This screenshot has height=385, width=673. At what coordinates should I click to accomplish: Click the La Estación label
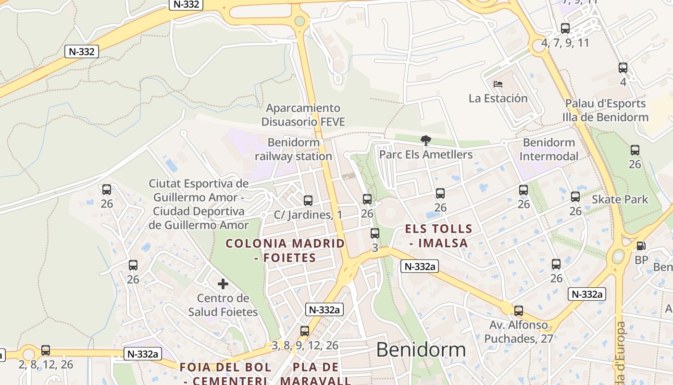click(498, 99)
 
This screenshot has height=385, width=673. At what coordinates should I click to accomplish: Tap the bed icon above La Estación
click(498, 84)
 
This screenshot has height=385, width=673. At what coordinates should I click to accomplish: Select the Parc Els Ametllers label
click(425, 154)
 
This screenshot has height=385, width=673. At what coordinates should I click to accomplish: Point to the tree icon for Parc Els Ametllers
click(425, 141)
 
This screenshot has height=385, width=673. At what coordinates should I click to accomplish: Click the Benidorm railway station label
click(293, 149)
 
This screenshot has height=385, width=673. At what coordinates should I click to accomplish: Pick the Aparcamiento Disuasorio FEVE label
click(303, 115)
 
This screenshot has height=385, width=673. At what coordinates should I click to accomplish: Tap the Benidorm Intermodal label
click(548, 149)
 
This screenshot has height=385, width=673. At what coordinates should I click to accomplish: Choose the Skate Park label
click(620, 199)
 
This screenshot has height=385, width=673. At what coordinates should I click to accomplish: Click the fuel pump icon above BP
click(641, 246)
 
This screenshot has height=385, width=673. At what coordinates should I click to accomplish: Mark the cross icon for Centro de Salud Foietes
click(223, 284)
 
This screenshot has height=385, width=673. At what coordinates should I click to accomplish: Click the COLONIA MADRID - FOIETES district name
click(285, 250)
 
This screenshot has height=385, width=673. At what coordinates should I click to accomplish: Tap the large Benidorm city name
click(421, 350)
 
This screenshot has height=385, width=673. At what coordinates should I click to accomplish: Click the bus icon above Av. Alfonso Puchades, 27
click(518, 311)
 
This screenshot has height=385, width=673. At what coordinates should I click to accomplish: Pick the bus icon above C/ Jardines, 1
click(308, 200)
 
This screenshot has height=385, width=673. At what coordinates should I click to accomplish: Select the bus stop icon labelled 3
click(374, 233)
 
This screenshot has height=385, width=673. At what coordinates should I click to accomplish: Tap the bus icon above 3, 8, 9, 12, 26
click(304, 331)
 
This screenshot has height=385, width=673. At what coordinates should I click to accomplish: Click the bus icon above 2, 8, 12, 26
click(46, 350)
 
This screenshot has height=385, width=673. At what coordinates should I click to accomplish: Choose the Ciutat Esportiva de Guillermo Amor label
click(199, 204)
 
